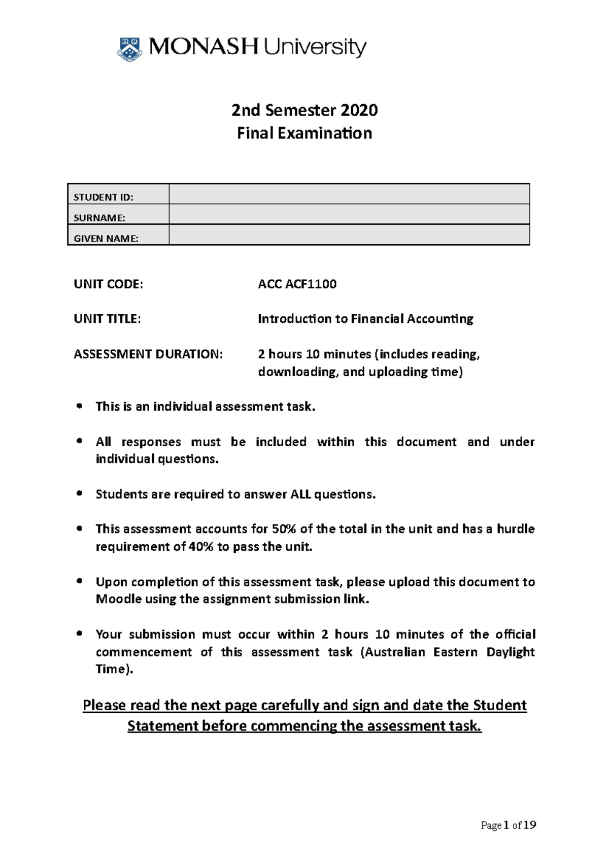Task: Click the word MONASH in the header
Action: [203, 47]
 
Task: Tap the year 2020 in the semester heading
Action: [359, 110]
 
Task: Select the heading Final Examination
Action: [304, 133]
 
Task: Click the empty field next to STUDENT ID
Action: [349, 194]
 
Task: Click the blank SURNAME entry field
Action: [349, 215]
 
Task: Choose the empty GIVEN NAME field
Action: [349, 235]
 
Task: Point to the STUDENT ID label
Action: [104, 197]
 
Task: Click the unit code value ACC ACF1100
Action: [297, 284]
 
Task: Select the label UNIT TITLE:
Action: [107, 319]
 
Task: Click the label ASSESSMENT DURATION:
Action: [148, 354]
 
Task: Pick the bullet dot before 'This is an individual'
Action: [79, 406]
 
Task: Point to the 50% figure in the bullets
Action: [284, 529]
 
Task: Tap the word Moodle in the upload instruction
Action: [119, 599]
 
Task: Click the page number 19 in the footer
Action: [529, 825]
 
